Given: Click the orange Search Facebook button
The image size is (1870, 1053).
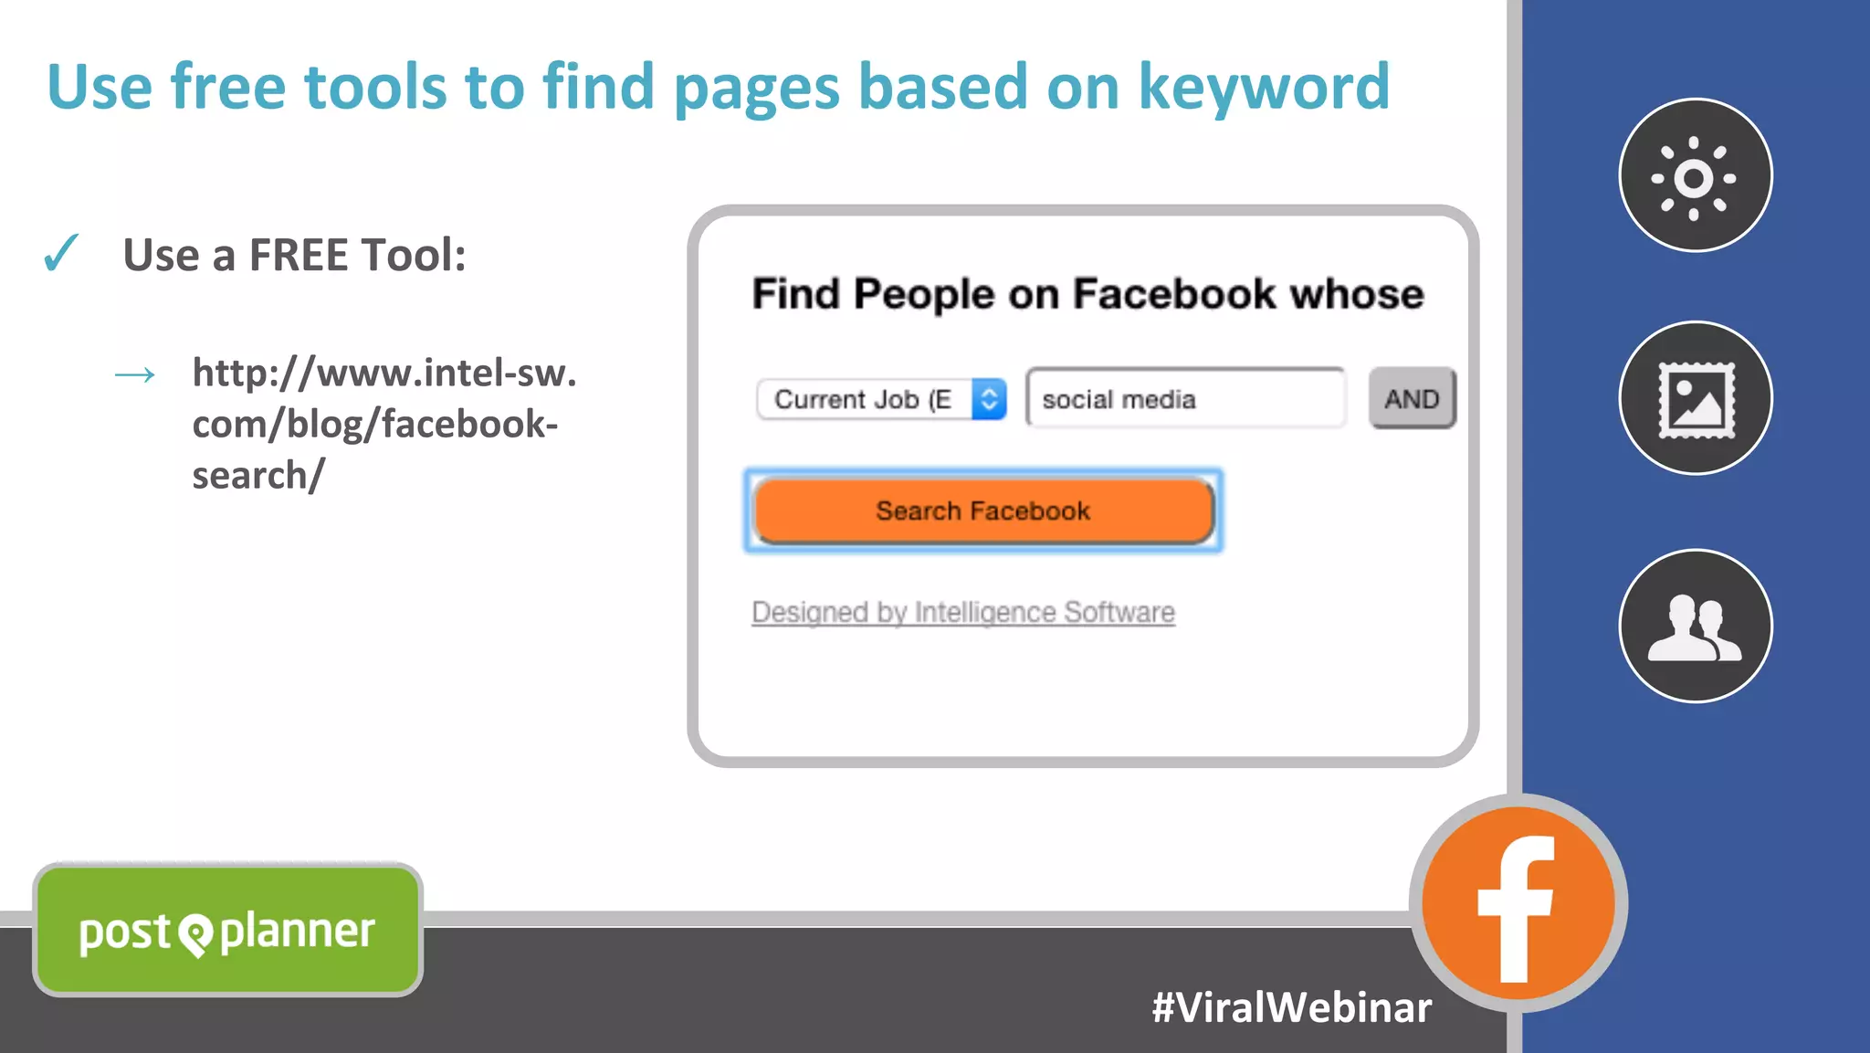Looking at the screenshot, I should tap(983, 511).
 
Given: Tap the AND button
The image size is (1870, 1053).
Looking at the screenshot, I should tap(1412, 398).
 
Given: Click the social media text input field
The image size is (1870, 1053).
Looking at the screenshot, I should tap(1185, 399).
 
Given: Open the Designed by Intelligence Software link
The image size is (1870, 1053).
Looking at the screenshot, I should tap(962, 612).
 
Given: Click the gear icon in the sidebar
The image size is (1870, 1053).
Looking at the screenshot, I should tap(1695, 176).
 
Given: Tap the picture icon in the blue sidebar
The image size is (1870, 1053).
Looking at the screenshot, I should tap(1695, 398).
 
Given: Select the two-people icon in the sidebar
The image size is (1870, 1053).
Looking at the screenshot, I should tap(1695, 627).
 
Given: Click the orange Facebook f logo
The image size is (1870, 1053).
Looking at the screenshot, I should tap(1518, 904).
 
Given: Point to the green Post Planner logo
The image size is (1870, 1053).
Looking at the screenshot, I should tap(227, 931).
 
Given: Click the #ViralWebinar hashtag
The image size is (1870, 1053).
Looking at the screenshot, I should tap(1291, 1007).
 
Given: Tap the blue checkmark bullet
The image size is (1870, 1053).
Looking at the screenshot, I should tap(61, 253).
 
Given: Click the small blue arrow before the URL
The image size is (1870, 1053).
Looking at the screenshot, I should tap(135, 374).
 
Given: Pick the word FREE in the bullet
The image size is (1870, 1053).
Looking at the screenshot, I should tap(310, 255).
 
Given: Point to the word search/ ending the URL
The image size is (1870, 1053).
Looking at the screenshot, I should tap(258, 476).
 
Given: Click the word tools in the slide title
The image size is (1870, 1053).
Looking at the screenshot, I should tap(375, 87).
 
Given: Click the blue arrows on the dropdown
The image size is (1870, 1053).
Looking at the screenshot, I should tap(989, 399).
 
